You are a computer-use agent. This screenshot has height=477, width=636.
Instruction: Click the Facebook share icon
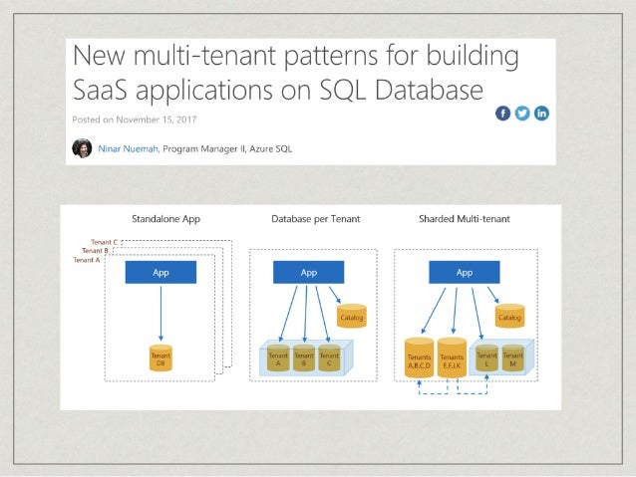pos(503,114)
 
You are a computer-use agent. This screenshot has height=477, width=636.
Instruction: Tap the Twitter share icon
pos(522,114)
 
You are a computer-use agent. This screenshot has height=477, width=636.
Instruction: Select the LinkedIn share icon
pos(541,114)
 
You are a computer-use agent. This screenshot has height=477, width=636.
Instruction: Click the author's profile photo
pos(83,148)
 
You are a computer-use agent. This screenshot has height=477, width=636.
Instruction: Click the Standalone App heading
pos(161,218)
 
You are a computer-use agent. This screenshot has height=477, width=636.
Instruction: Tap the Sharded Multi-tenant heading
pos(466,218)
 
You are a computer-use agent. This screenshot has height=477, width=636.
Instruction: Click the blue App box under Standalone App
pos(160,271)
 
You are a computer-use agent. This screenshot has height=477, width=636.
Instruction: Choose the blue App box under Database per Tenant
pos(309,271)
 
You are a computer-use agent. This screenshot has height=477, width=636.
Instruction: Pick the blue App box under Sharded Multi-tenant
pos(465,271)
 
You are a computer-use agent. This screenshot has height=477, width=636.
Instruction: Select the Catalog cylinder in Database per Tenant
pos(352,317)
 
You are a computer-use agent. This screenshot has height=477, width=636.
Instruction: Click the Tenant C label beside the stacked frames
pos(104,242)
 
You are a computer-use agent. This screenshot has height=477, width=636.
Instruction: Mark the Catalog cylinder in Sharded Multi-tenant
pos(510,317)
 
